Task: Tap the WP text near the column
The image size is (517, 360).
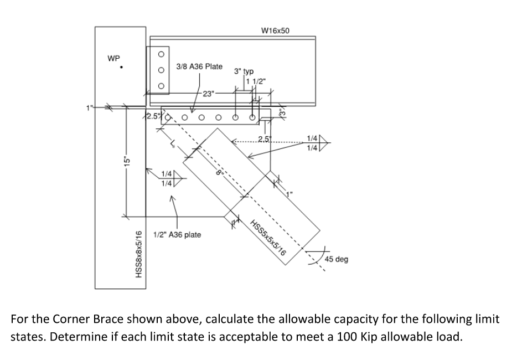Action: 113,58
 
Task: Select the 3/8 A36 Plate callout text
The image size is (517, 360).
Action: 199,66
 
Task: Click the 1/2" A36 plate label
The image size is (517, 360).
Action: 177,235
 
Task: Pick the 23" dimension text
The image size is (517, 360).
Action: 209,93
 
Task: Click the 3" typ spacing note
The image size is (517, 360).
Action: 244,71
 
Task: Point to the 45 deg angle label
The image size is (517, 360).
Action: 337,259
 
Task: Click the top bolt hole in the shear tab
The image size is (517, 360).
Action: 161,54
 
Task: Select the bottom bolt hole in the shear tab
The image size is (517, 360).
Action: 161,86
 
